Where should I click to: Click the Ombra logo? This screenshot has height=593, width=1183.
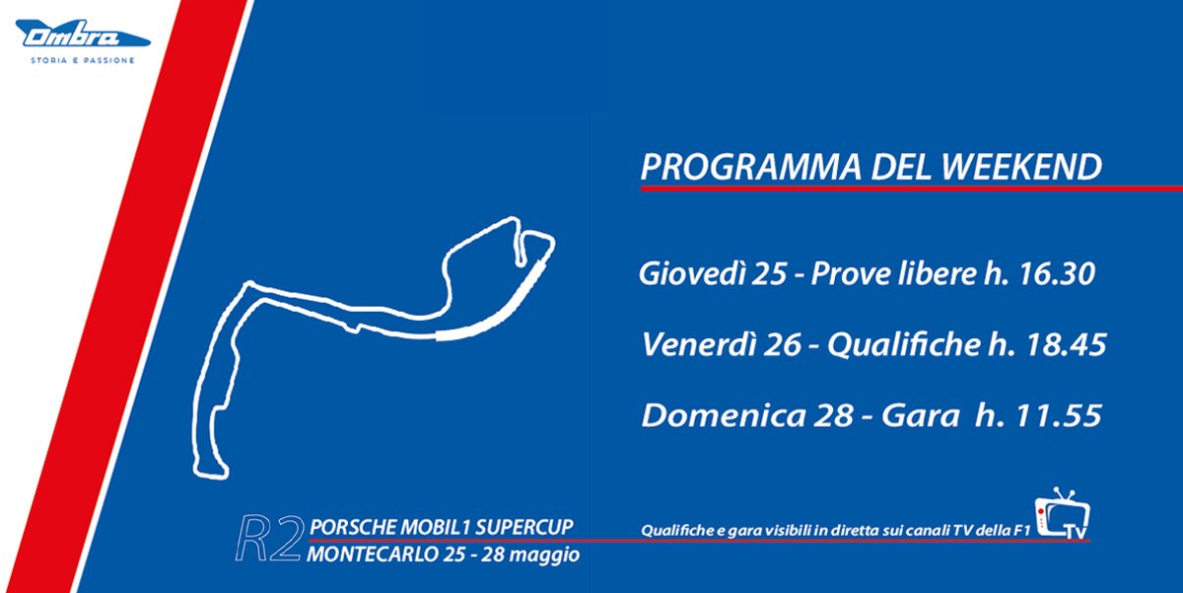click(84, 37)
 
